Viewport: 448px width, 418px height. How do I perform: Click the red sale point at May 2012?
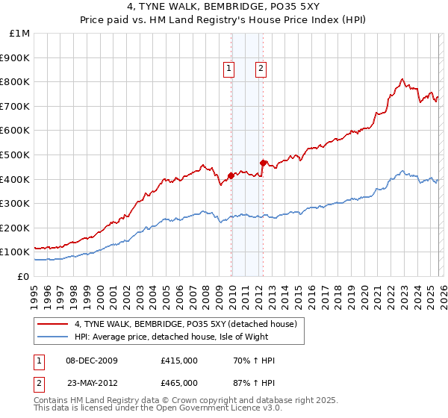click(263, 163)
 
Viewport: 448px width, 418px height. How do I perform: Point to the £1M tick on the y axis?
click(20, 34)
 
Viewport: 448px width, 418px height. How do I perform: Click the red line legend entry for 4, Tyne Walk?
click(186, 324)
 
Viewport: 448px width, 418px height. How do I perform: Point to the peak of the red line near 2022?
click(402, 78)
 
